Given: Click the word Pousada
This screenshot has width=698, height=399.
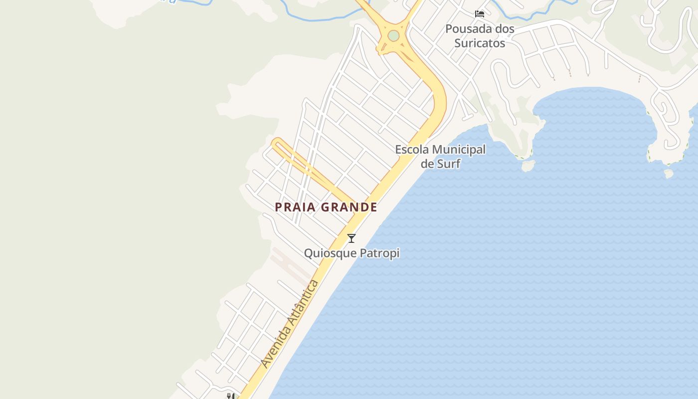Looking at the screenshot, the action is (466, 29).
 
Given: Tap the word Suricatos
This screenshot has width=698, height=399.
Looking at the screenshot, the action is (480, 43).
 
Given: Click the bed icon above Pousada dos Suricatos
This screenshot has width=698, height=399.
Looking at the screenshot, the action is (480, 13).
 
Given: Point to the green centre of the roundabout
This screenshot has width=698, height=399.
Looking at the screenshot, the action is (393, 36).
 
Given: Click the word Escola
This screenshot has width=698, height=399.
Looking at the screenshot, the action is (412, 149).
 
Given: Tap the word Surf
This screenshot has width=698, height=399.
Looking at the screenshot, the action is (449, 163).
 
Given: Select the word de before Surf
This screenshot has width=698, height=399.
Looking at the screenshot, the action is (427, 163).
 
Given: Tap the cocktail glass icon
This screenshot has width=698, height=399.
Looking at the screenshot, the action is (351, 238).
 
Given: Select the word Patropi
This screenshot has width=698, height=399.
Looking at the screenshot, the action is (380, 253).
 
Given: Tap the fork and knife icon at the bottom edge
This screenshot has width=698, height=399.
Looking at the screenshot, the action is (230, 396).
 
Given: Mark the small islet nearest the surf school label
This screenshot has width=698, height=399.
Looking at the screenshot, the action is (528, 165).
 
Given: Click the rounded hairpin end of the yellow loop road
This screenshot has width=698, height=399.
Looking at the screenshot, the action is (276, 143).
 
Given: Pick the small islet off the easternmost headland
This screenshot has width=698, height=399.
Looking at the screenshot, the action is (669, 173).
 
